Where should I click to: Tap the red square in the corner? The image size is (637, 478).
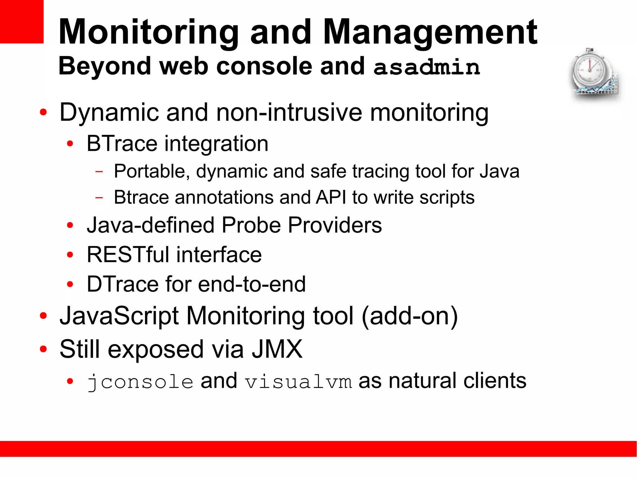pos(21,21)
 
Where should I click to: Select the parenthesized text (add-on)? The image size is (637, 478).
pos(410,316)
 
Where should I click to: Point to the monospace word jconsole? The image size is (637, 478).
pos(140,382)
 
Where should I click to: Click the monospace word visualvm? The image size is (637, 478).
pos(298,382)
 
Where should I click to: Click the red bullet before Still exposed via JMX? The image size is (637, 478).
pos(43,349)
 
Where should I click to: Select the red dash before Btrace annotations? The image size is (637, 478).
pos(99,197)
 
